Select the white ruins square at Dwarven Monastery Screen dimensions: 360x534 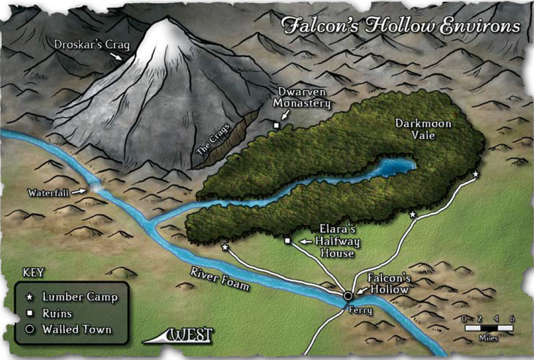275,125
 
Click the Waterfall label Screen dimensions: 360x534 48,193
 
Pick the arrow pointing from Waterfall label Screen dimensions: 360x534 80,192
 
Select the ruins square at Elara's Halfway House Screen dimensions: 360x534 288,241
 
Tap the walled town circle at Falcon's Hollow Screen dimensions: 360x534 348,296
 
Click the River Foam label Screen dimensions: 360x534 220,279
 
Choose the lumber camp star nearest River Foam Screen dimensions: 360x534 225,247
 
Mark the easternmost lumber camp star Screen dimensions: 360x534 475,174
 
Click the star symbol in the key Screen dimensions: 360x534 31,297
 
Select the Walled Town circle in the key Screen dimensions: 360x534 31,329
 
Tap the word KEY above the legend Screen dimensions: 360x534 34,273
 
